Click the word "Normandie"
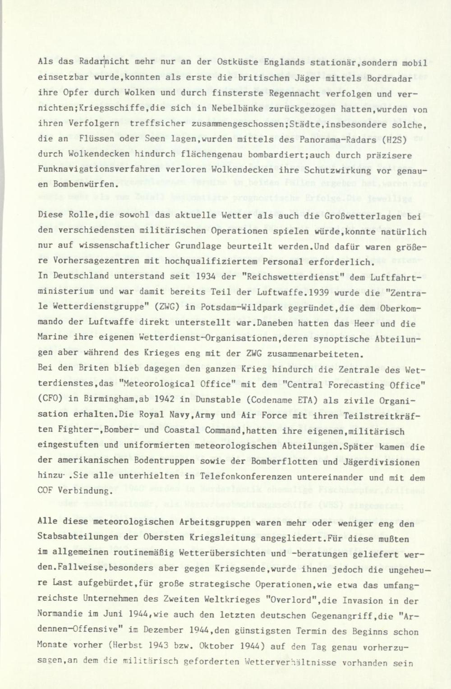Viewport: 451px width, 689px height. (x=60, y=615)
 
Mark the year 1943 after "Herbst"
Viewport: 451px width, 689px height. (x=157, y=646)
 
